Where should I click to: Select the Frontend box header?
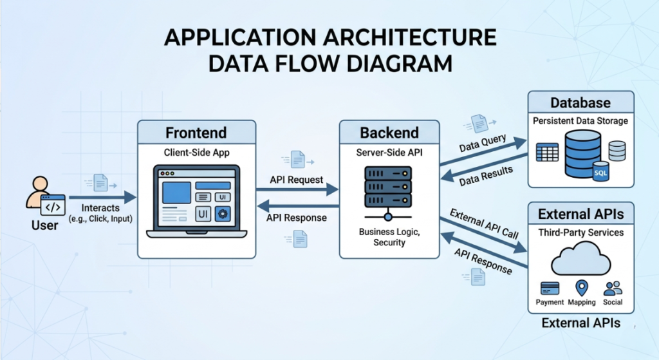(197, 132)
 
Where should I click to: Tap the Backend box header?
(389, 132)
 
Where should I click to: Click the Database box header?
(581, 102)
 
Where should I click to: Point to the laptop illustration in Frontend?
(197, 202)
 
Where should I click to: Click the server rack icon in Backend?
(388, 193)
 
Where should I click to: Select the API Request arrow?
(297, 190)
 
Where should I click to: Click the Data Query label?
(483, 143)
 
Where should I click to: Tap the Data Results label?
(486, 175)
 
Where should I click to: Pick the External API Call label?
(484, 223)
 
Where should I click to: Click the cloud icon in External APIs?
(581, 259)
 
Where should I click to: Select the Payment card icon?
(550, 289)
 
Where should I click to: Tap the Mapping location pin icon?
(582, 288)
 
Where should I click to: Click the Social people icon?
(613, 288)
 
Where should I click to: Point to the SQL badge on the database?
(600, 171)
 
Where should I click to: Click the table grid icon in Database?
(547, 152)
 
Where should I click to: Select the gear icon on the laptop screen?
(222, 214)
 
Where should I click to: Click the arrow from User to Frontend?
(103, 197)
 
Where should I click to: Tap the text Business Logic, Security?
(389, 237)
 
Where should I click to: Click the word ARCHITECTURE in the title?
(409, 37)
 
